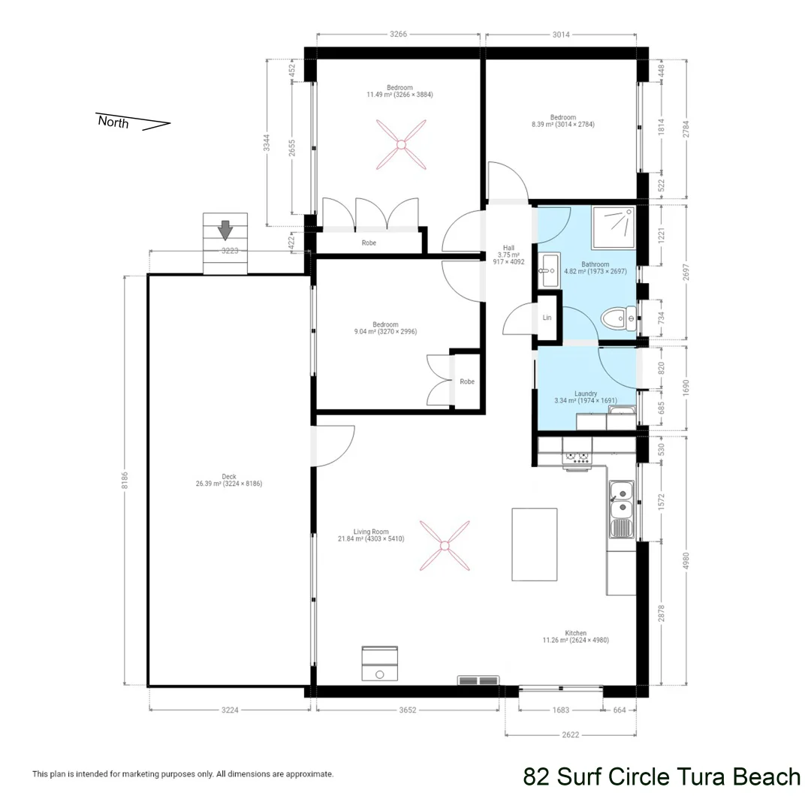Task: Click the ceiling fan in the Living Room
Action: (x=444, y=544)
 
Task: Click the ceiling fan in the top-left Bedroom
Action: (x=402, y=144)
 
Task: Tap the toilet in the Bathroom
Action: (x=620, y=320)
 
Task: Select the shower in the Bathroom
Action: (x=614, y=226)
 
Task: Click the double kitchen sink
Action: (x=622, y=501)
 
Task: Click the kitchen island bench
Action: (x=535, y=544)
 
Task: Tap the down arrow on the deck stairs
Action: (x=225, y=230)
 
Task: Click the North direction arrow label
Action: (x=113, y=122)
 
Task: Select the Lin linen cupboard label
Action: (x=547, y=318)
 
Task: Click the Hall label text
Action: (x=508, y=248)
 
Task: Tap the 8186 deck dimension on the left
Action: (x=125, y=479)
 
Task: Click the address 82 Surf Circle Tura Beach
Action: (x=662, y=776)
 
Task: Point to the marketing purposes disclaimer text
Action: (x=182, y=774)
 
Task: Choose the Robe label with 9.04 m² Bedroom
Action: (x=467, y=381)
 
